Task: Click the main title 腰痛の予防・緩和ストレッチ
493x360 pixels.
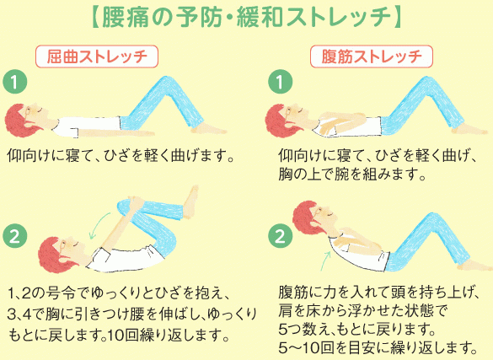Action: click(x=246, y=18)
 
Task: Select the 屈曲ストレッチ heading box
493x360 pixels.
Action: click(x=97, y=56)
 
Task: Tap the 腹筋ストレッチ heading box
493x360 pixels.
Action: click(x=372, y=56)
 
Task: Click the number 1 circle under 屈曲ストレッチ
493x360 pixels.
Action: click(x=15, y=82)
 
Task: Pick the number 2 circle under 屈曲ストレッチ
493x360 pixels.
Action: click(x=15, y=236)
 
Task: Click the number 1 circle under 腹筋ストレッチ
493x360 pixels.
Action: click(x=280, y=82)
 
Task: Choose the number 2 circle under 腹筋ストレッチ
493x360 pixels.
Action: click(x=280, y=236)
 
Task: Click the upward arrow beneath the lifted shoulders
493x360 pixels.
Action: click(x=326, y=261)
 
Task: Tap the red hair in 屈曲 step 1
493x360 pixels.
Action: click(x=19, y=121)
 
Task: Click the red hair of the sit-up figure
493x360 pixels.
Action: click(x=306, y=217)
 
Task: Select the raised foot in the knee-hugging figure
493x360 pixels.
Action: click(x=190, y=201)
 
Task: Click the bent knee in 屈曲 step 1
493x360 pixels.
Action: click(x=166, y=83)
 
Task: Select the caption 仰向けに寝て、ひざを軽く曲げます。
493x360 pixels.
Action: click(x=121, y=156)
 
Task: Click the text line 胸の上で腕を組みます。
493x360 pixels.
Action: click(x=352, y=174)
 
